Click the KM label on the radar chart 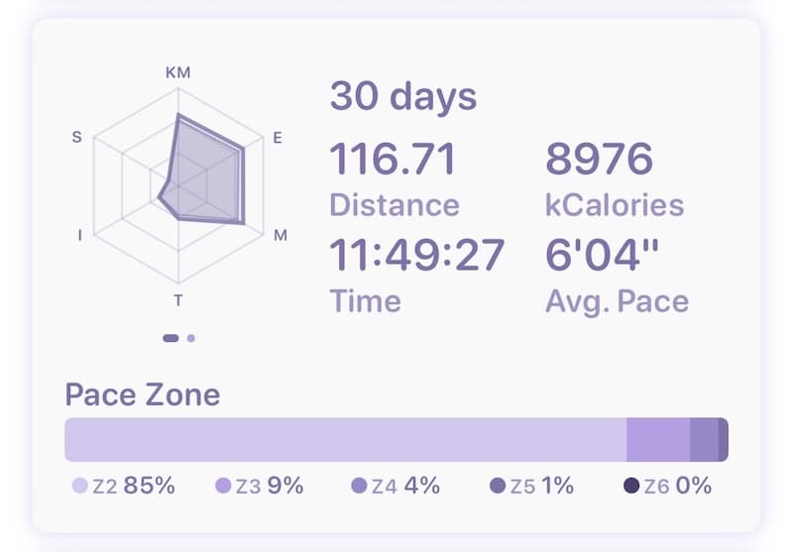178,72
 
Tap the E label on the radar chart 278,138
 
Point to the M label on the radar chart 281,236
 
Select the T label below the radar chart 178,300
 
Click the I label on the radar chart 79,236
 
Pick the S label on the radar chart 77,138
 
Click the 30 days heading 402,97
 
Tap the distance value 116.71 393,159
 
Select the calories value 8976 599,159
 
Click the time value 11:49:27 416,256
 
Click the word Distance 394,205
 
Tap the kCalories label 615,205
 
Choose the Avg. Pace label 617,301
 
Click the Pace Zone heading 143,394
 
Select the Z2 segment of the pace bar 345,439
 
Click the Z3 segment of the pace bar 658,439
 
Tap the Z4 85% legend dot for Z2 80,487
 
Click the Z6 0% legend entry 667,487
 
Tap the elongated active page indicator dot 170,338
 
